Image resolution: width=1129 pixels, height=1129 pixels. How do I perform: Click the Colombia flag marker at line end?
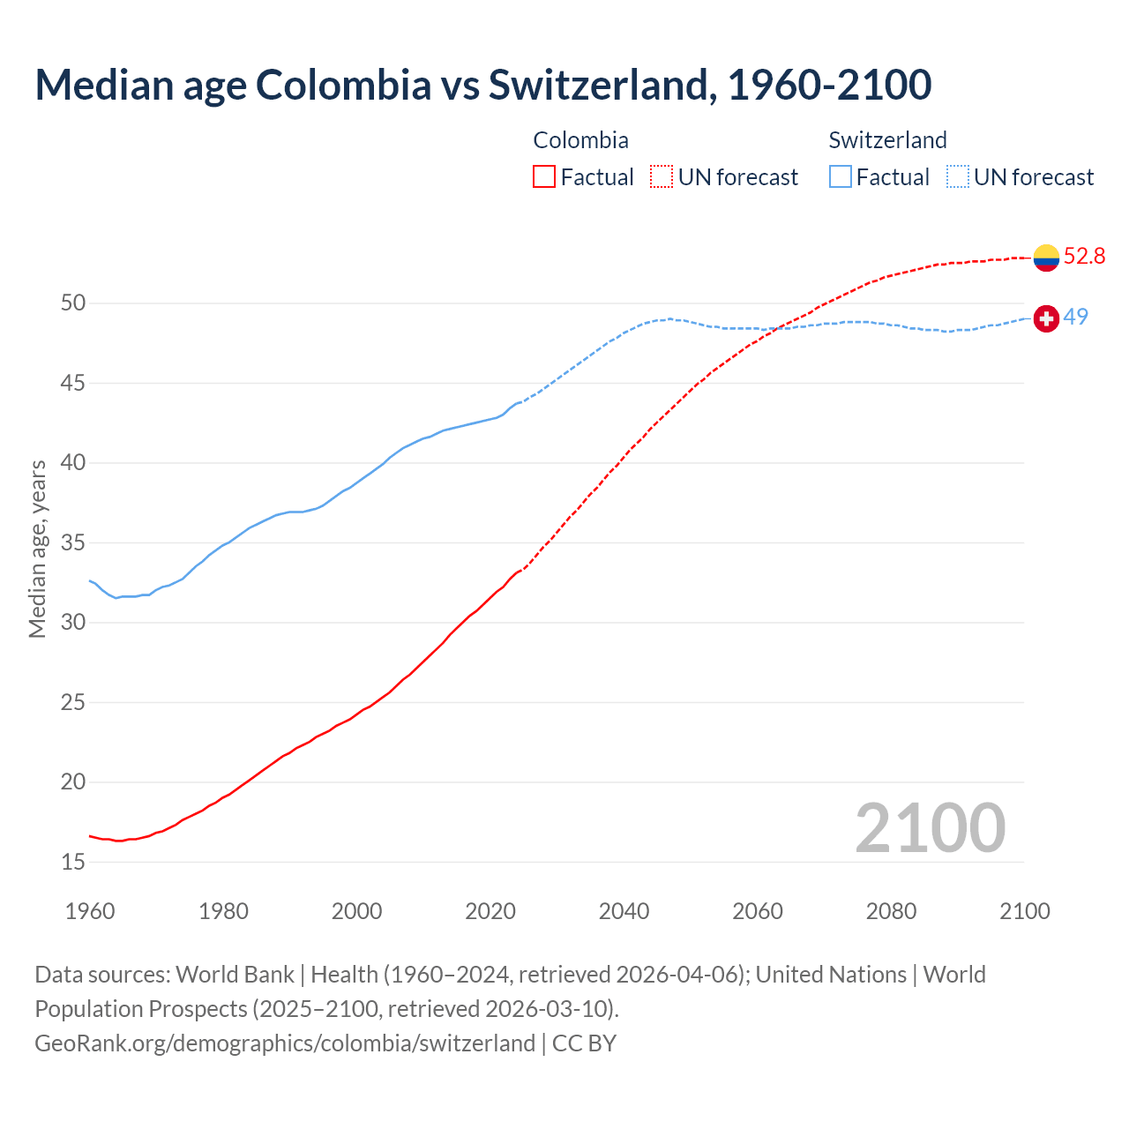(x=1046, y=258)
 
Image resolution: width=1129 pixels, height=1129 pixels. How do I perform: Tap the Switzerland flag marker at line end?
(x=1046, y=318)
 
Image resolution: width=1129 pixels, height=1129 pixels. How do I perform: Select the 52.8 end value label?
(x=1084, y=257)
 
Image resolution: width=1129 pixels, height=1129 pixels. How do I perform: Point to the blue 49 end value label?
(x=1075, y=317)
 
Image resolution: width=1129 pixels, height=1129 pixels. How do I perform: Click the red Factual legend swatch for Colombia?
(x=544, y=177)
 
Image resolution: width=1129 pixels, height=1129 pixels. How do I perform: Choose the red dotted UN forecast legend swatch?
(x=662, y=177)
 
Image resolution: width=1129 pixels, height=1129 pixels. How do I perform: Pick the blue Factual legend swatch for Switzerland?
(x=841, y=177)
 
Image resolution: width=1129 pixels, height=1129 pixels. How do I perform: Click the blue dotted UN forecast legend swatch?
(x=958, y=177)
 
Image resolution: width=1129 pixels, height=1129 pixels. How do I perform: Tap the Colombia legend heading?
(x=580, y=140)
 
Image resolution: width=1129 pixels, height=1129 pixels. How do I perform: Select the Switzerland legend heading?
(x=887, y=140)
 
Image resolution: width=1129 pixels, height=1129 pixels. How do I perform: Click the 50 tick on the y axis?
(x=73, y=303)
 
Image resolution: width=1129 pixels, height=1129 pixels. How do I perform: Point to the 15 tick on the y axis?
(x=73, y=862)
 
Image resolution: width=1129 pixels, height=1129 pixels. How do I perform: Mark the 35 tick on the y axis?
(x=73, y=542)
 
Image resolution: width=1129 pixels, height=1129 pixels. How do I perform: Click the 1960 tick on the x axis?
(x=90, y=911)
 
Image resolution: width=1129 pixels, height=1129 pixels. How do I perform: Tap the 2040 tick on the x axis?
(x=624, y=911)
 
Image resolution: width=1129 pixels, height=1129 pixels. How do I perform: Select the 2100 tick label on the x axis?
(x=1024, y=911)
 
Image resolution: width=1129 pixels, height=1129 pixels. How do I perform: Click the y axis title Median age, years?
(x=37, y=549)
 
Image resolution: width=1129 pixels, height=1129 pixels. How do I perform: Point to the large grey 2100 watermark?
(x=930, y=828)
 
